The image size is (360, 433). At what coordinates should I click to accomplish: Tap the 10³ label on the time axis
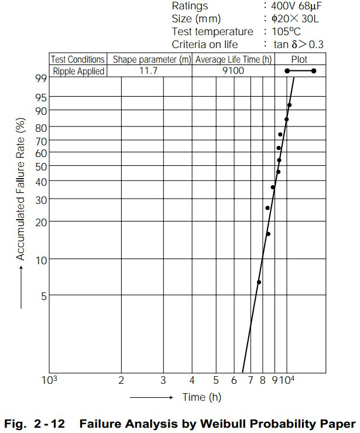(x=49, y=380)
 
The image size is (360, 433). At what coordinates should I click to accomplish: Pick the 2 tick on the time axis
(x=121, y=380)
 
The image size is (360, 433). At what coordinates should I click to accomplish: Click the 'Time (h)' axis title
(x=202, y=397)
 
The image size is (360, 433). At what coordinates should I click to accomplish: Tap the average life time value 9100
(x=233, y=71)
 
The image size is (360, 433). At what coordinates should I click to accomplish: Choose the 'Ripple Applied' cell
(x=78, y=71)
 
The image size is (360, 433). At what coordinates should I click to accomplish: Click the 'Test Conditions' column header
(x=78, y=60)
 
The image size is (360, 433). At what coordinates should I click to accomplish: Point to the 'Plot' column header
(x=299, y=60)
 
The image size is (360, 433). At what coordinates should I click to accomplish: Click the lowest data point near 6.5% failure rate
(x=259, y=282)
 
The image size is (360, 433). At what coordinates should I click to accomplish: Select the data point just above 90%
(x=289, y=105)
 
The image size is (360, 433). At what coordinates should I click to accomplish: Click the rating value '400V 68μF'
(x=299, y=6)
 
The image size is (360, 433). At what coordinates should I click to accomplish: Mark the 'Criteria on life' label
(x=205, y=45)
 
